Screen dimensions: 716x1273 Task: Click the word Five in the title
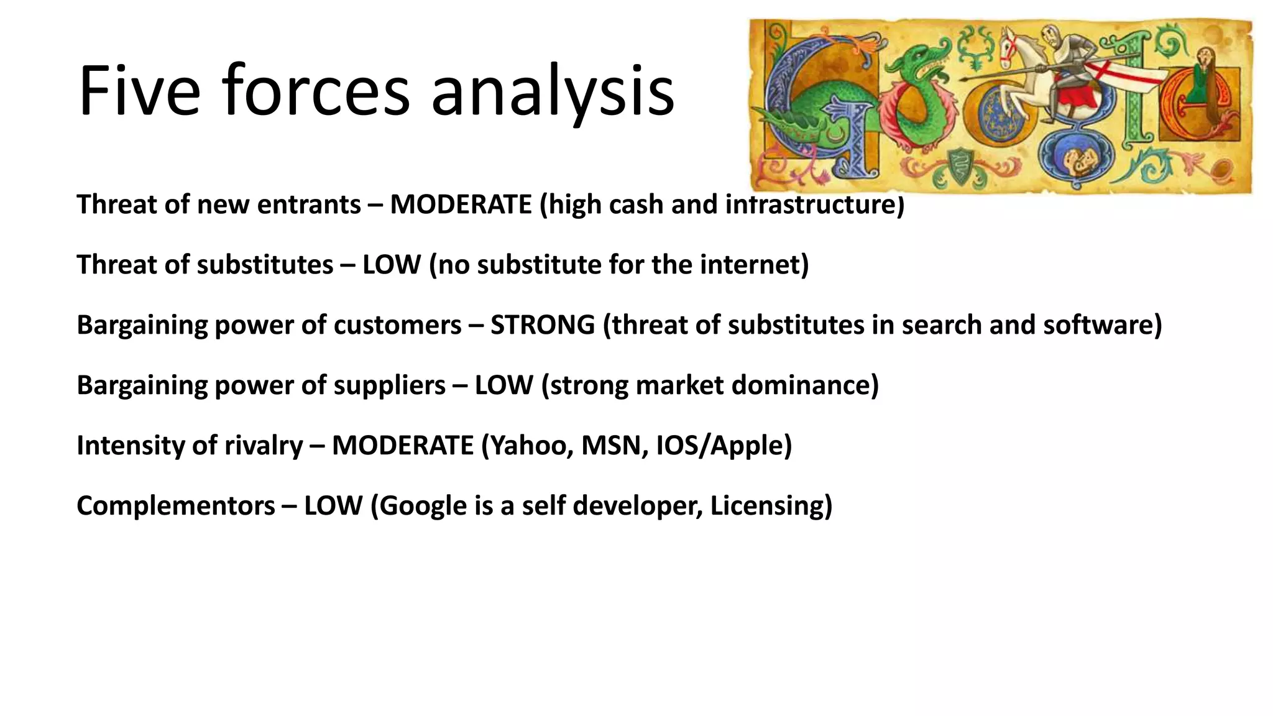pos(139,91)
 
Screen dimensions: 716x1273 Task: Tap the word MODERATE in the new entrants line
pos(461,204)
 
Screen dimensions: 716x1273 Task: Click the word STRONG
pos(542,325)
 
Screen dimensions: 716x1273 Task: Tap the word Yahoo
pos(527,446)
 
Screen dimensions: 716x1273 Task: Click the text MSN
pos(611,446)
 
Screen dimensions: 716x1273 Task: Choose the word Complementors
pos(176,506)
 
